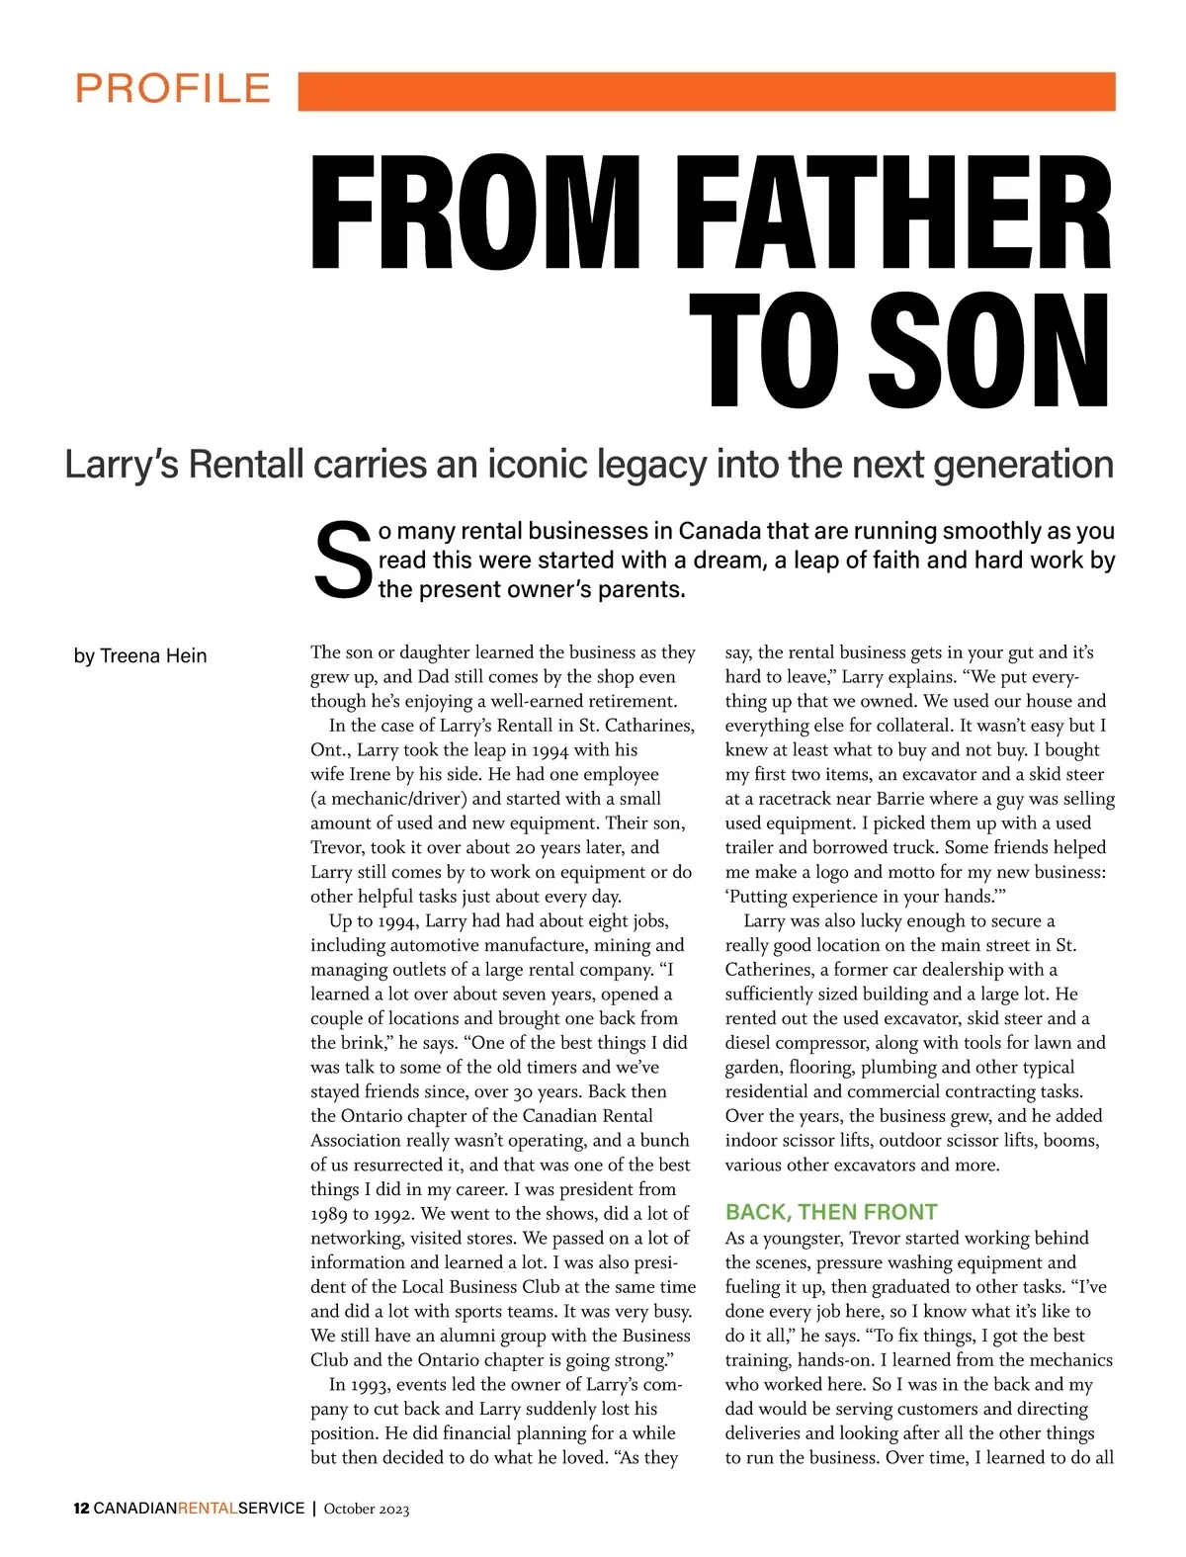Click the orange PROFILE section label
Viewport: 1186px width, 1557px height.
pos(173,89)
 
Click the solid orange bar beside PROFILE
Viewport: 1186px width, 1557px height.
pos(706,91)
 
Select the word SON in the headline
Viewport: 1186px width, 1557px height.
pos(989,353)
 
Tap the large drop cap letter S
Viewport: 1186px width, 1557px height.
pos(341,562)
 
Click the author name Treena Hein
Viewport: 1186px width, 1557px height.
pos(153,656)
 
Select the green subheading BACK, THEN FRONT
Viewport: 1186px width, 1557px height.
pos(831,1212)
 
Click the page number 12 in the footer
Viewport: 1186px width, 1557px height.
pos(81,1509)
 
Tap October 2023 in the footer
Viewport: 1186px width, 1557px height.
pos(367,1509)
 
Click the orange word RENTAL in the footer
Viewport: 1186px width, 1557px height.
pos(208,1509)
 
